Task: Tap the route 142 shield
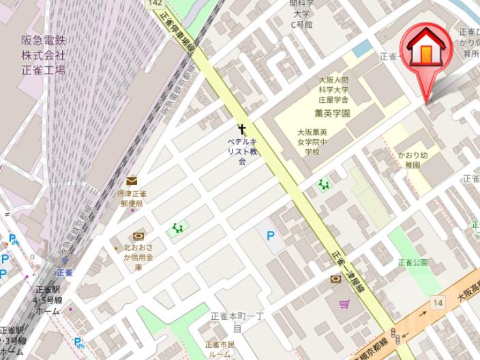(x=155, y=4)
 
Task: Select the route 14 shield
(x=437, y=302)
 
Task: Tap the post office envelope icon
(x=132, y=181)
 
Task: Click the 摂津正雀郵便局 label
(x=132, y=198)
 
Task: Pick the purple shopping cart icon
(x=344, y=304)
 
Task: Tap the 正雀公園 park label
(x=413, y=262)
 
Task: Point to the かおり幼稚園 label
(x=412, y=160)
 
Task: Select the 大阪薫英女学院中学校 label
(x=312, y=142)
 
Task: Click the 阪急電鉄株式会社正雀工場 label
(x=43, y=55)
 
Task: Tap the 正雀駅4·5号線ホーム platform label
(x=48, y=299)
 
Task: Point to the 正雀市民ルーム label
(x=220, y=350)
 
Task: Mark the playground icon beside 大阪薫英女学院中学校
(x=324, y=185)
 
